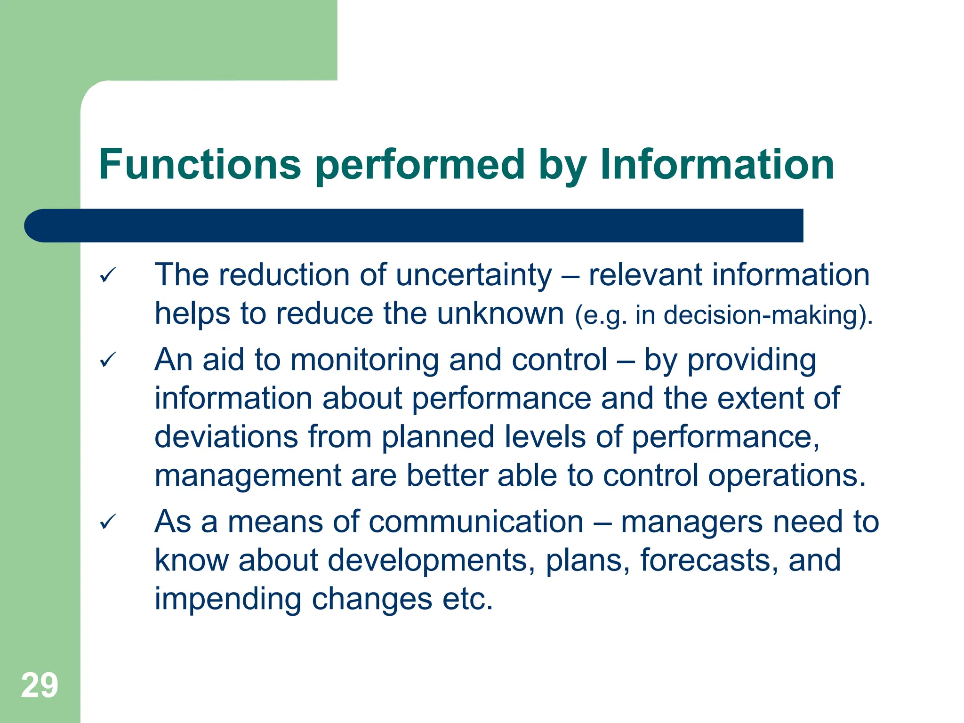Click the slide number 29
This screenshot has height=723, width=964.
coord(40,685)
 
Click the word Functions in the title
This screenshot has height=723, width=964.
coord(200,164)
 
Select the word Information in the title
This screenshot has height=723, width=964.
coord(717,164)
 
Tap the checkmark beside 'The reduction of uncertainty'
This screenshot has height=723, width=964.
coord(108,275)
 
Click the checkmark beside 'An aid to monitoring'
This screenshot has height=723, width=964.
coord(108,361)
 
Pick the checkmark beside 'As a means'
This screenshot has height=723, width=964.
coord(108,522)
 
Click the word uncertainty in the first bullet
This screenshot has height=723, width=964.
coord(474,275)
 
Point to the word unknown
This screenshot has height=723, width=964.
coord(500,313)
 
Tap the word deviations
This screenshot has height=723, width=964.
coord(226,437)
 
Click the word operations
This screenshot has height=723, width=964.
coord(787,475)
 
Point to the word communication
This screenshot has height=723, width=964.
coord(476,522)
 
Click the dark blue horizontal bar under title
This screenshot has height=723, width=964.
coord(414,225)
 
